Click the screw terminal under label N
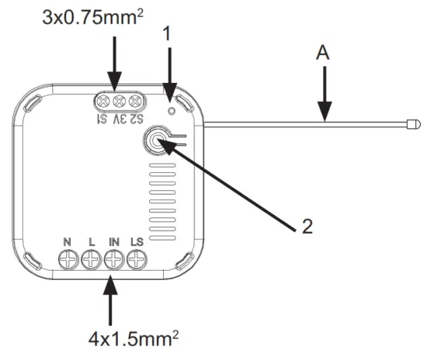[68, 262]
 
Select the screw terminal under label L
[90, 262]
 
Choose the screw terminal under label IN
[113, 262]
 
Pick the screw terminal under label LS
[137, 262]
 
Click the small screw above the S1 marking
[102, 102]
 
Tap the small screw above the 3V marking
[119, 102]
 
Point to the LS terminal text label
[137, 243]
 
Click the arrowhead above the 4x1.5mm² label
[113, 289]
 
